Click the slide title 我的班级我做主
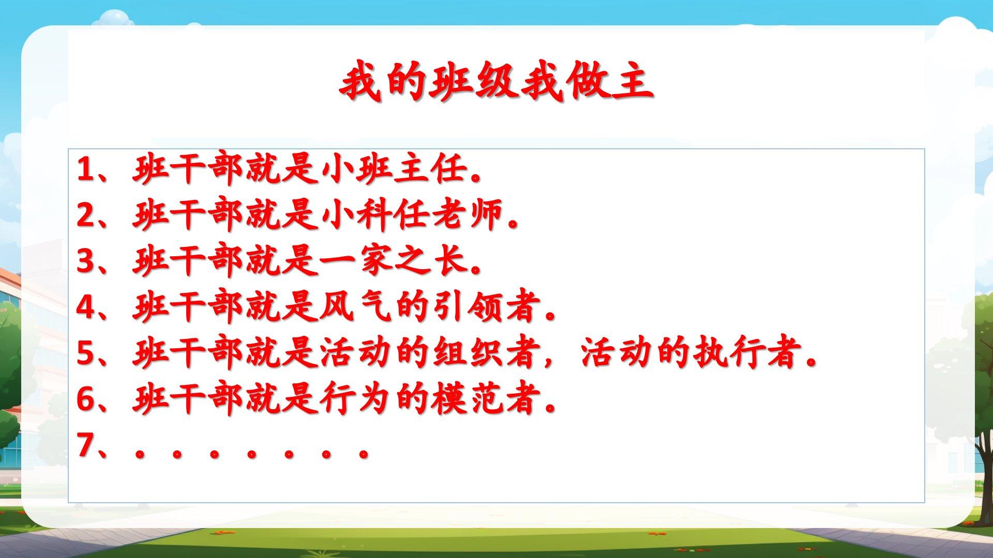coord(496,83)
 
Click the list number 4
coord(85,307)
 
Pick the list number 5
coord(85,353)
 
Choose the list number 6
coord(85,399)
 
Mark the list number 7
coord(85,445)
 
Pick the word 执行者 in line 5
coord(744,353)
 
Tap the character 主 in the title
coord(633,83)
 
